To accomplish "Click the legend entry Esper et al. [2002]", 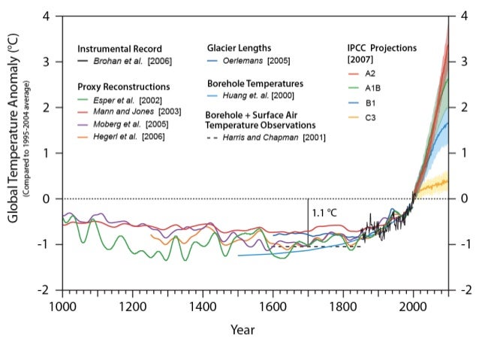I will tap(121, 99).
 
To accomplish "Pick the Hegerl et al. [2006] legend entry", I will tap(122, 135).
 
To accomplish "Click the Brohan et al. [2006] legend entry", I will tap(124, 60).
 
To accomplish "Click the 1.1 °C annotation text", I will tap(324, 212).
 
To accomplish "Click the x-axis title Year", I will tap(243, 329).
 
